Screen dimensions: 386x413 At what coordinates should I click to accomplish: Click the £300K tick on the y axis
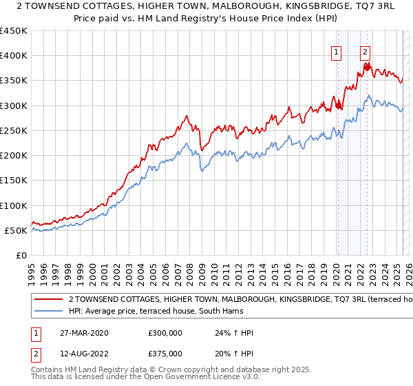pyautogui.click(x=14, y=105)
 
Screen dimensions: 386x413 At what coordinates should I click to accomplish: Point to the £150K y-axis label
pyautogui.click(x=14, y=181)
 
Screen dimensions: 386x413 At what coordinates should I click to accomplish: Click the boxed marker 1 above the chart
pyautogui.click(x=337, y=50)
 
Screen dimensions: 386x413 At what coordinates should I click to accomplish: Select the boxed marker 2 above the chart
pyautogui.click(x=365, y=50)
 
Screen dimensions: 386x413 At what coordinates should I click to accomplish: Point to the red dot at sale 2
pyautogui.click(x=366, y=67)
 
